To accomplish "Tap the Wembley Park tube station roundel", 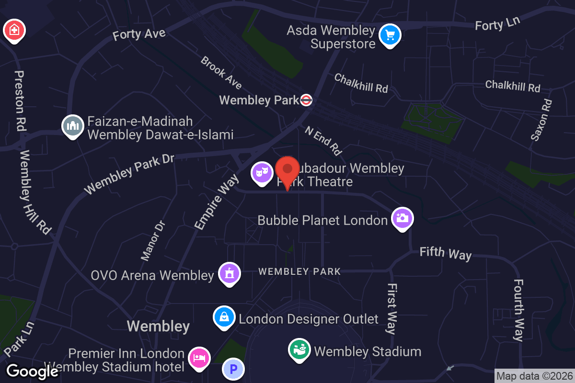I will coord(307,100).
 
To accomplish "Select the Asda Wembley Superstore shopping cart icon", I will coord(390,35).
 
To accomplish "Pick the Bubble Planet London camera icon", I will coord(402,218).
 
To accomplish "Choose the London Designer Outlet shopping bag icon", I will coord(224,317).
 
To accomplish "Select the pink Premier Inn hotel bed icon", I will coord(199,358).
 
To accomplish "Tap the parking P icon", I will coord(233,370).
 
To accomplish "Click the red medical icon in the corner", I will coord(14,30).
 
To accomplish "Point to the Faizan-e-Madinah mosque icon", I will coord(73,126).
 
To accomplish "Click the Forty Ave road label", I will coord(139,34).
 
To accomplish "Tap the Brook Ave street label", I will coord(221,73).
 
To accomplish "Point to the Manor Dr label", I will coord(153,240).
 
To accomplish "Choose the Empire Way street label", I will coord(216,202).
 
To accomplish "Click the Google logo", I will coord(32,372).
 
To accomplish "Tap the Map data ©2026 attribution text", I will coord(534,376).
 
